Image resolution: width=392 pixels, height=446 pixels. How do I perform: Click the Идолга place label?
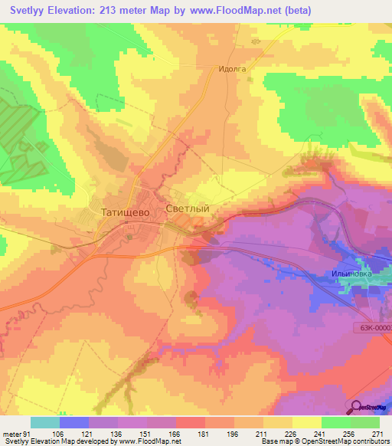[x=231, y=69]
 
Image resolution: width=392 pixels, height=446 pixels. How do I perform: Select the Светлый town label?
[x=188, y=208]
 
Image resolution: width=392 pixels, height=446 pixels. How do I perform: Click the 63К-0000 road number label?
[x=374, y=327]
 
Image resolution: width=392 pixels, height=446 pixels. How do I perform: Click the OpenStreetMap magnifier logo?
[x=358, y=407]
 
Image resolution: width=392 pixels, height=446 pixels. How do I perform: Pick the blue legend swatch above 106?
[x=74, y=422]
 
